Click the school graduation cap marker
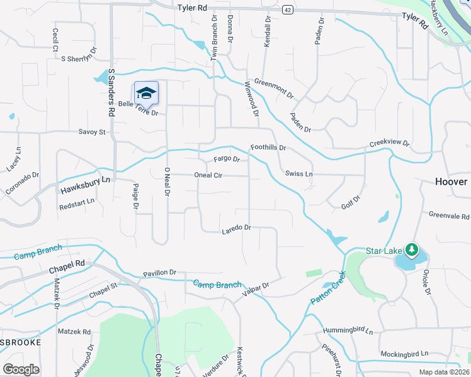tap(146, 93)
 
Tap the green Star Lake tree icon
tap(411, 250)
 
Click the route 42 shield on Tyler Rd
tap(287, 9)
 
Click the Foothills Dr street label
tap(268, 148)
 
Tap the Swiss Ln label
tap(298, 173)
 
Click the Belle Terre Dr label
tap(138, 109)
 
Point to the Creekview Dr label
tap(389, 143)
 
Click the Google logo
tap(21, 369)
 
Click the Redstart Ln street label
tap(77, 205)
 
